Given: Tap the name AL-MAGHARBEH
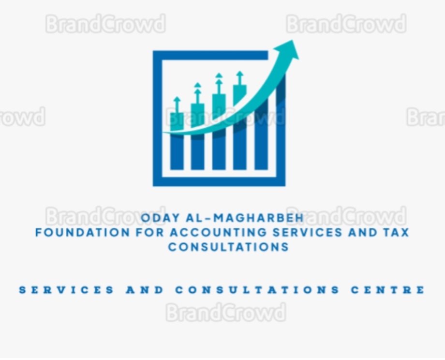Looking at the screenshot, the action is [245, 218].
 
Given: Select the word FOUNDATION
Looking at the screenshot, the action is [83, 233].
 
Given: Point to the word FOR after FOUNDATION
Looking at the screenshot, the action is [150, 233].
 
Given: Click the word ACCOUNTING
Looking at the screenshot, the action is [219, 233].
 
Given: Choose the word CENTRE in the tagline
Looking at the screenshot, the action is [388, 290].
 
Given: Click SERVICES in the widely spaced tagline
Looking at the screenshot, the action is [66, 290].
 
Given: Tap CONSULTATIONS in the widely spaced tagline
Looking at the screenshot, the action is [257, 290].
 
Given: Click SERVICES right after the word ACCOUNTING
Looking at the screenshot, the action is [308, 233].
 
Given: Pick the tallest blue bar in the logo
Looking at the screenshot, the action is [261, 133].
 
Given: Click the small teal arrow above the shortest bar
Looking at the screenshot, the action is [177, 105].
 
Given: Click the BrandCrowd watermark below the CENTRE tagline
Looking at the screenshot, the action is [226, 312].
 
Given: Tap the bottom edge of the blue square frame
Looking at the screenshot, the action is [219, 182].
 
